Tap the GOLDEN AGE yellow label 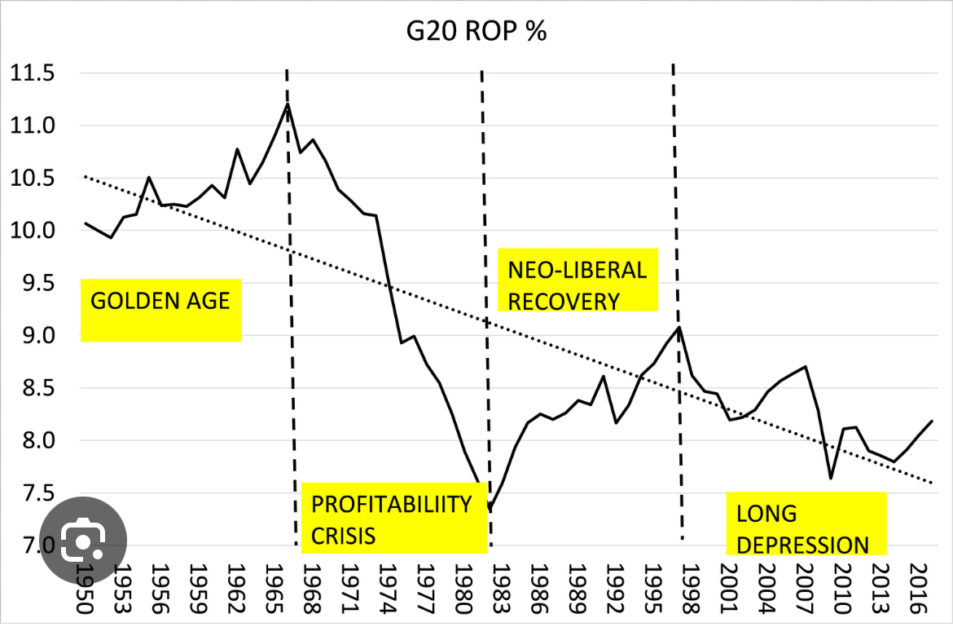[x=160, y=301]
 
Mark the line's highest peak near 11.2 [x=288, y=104]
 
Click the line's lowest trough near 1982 [x=490, y=511]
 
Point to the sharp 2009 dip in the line [x=830, y=479]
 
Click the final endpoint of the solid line [x=932, y=422]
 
